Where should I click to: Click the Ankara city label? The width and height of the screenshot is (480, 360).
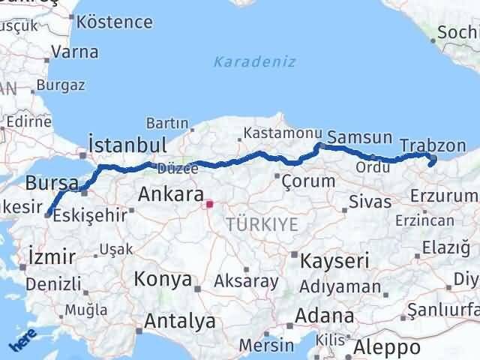[171, 196]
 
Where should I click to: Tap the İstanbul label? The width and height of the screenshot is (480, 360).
[127, 145]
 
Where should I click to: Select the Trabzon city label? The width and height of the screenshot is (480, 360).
[433, 145]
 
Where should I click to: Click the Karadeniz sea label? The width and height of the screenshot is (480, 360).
[255, 61]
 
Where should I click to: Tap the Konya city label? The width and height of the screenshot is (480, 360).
[163, 280]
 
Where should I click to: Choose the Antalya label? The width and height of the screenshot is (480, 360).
[179, 322]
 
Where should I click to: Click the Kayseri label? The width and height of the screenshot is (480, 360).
[334, 261]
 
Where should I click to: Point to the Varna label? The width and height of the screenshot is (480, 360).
[75, 52]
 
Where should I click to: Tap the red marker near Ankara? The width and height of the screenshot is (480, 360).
[210, 203]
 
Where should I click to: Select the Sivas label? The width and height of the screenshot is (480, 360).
[370, 202]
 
